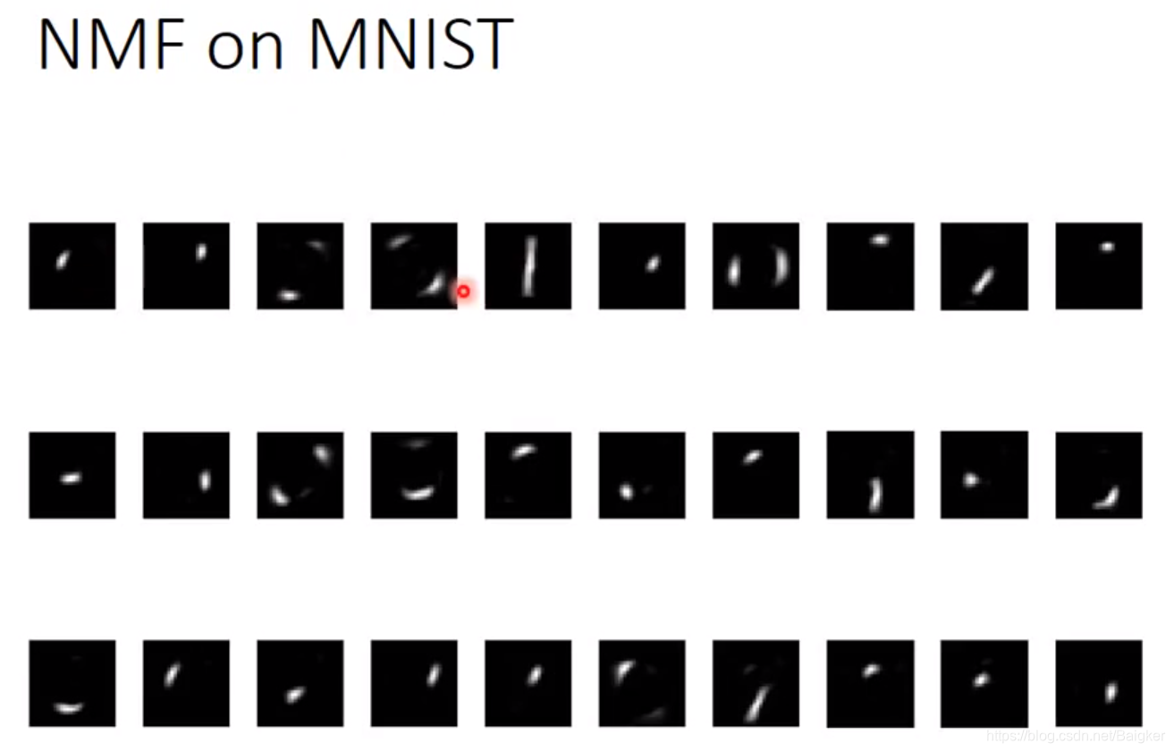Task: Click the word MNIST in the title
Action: click(x=410, y=45)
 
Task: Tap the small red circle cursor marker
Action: click(x=463, y=292)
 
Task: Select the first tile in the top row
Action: click(x=72, y=266)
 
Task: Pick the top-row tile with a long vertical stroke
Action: click(x=528, y=266)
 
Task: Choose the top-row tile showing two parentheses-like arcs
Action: click(x=756, y=266)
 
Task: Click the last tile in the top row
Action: click(x=1098, y=266)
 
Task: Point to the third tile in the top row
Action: click(x=300, y=266)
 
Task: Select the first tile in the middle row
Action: click(x=72, y=475)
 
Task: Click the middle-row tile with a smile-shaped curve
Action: click(x=414, y=475)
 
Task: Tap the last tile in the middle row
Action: click(x=1098, y=475)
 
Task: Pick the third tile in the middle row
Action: click(x=300, y=475)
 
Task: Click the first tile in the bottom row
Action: click(x=72, y=683)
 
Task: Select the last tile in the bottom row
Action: click(x=1098, y=683)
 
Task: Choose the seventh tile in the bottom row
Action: click(x=756, y=683)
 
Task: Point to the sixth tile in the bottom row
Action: click(x=642, y=683)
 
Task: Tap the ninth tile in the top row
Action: click(x=984, y=266)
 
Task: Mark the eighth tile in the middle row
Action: click(x=870, y=475)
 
